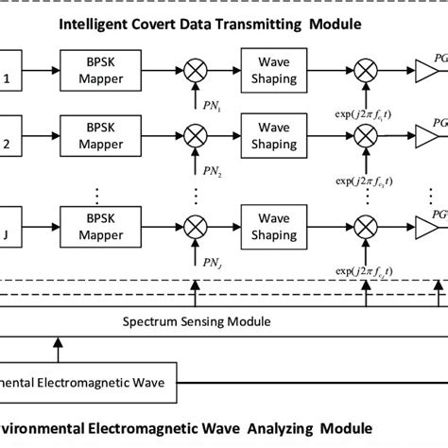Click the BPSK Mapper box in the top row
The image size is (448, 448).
tap(97, 70)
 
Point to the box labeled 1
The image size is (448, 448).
tap(11, 70)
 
